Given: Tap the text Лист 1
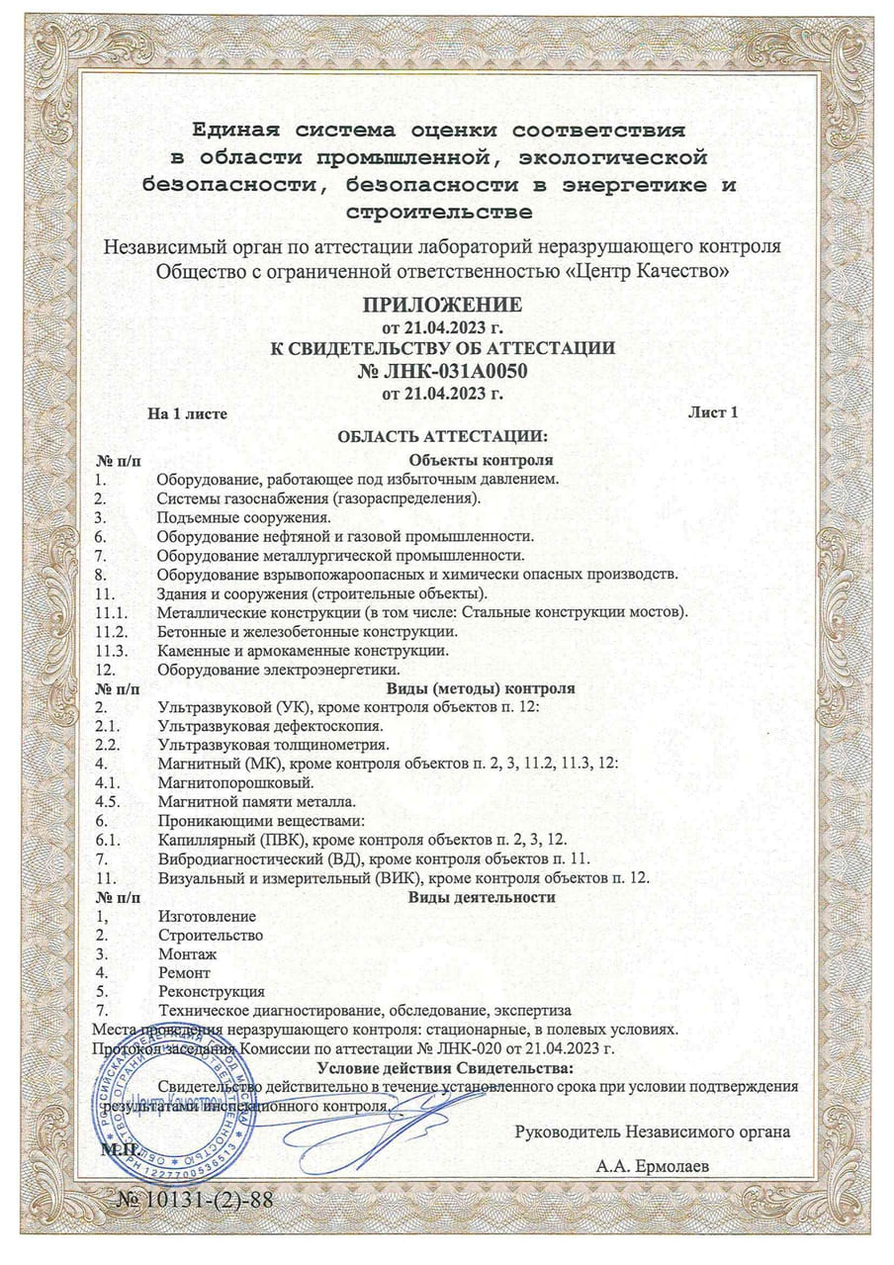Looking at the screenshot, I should click(x=712, y=412).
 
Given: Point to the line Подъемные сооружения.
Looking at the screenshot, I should click(x=243, y=516).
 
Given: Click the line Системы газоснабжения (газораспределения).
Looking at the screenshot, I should click(x=318, y=497).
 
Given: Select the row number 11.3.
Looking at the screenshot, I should click(x=111, y=650).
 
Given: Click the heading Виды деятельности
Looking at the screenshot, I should click(x=482, y=897).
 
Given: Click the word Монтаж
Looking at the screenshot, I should click(x=187, y=954).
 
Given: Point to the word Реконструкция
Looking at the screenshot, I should click(x=211, y=991).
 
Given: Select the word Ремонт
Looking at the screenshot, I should click(x=184, y=973).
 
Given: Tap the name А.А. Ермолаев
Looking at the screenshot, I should click(x=652, y=1167).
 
